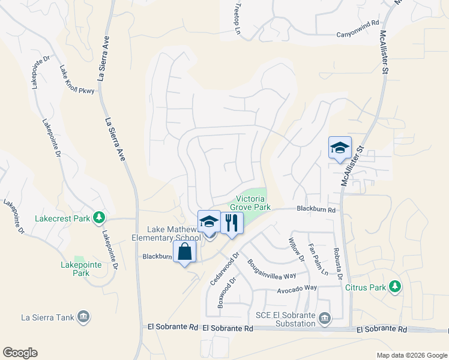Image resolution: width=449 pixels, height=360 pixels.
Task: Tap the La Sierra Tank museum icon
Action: (x=83, y=316)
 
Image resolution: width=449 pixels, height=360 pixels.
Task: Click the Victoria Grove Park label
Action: (x=253, y=203)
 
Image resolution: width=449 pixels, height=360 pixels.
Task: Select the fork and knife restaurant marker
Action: (x=231, y=223)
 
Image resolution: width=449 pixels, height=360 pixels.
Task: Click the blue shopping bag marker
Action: (x=185, y=251)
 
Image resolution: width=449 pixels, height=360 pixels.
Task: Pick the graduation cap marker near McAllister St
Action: (x=340, y=148)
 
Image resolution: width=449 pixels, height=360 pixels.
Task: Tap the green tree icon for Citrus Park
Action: (x=394, y=287)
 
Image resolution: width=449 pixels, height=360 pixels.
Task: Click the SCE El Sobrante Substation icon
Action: (x=325, y=317)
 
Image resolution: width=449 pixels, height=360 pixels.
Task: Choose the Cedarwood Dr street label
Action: (x=225, y=267)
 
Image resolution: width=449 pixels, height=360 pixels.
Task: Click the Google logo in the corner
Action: (x=20, y=353)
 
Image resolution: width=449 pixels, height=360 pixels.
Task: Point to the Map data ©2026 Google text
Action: (x=411, y=355)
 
